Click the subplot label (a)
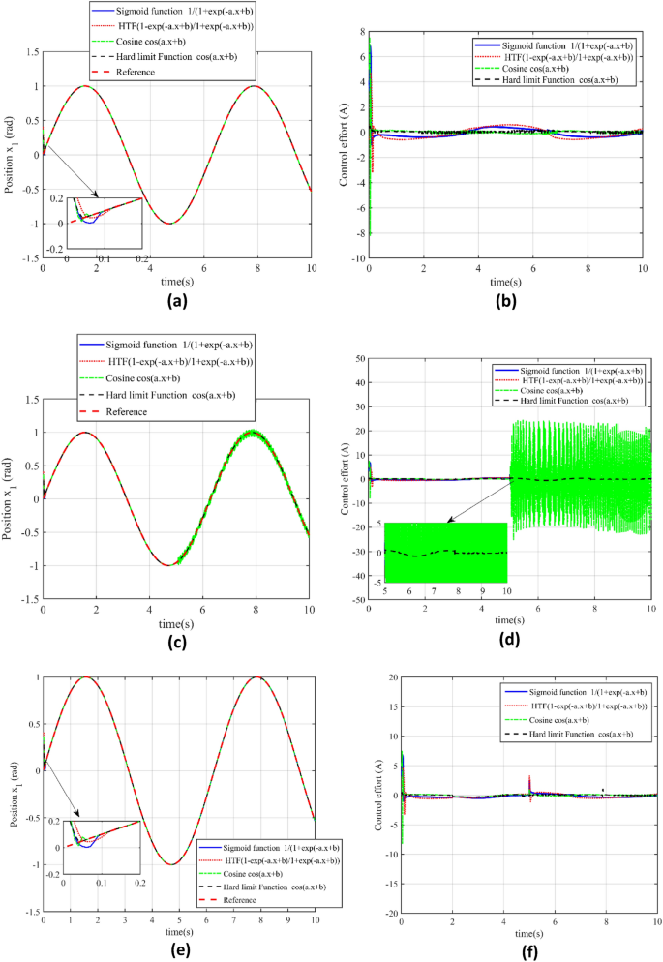tap(176, 299)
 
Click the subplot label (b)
tap(506, 299)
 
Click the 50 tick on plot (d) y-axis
tap(357, 358)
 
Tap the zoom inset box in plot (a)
tap(103, 222)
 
